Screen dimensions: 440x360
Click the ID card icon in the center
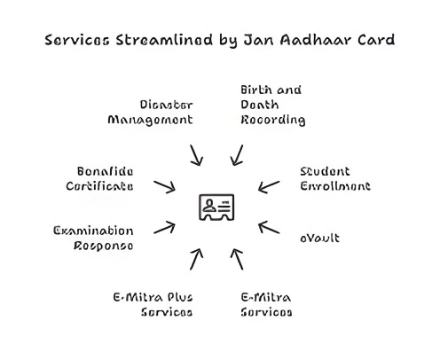pyautogui.click(x=216, y=207)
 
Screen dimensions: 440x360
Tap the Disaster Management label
pyautogui.click(x=151, y=113)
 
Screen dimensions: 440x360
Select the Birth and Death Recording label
pyautogui.click(x=273, y=105)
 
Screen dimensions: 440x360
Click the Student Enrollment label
pyautogui.click(x=335, y=179)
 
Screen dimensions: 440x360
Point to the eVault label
pyautogui.click(x=319, y=238)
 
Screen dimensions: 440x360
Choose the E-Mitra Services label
pyautogui.click(x=266, y=305)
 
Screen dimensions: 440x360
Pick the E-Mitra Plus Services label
pyautogui.click(x=153, y=305)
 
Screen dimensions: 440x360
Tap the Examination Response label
pyautogui.click(x=93, y=239)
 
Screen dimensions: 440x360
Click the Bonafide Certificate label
pyautogui.click(x=99, y=179)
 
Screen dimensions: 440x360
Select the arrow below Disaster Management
pyautogui.click(x=196, y=155)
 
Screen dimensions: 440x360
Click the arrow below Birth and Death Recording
pyautogui.click(x=237, y=155)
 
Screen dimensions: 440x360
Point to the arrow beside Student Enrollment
pyautogui.click(x=269, y=187)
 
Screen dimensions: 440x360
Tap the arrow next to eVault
pyautogui.click(x=269, y=227)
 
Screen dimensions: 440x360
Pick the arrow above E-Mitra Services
pyautogui.click(x=237, y=259)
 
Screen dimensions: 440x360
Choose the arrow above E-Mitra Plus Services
pyautogui.click(x=196, y=259)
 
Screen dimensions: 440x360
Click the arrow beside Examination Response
pyautogui.click(x=164, y=227)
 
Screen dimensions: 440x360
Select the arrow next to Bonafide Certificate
pyautogui.click(x=164, y=187)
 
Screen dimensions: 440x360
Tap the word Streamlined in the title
pyautogui.click(x=164, y=40)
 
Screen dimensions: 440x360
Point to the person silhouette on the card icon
pyautogui.click(x=209, y=206)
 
